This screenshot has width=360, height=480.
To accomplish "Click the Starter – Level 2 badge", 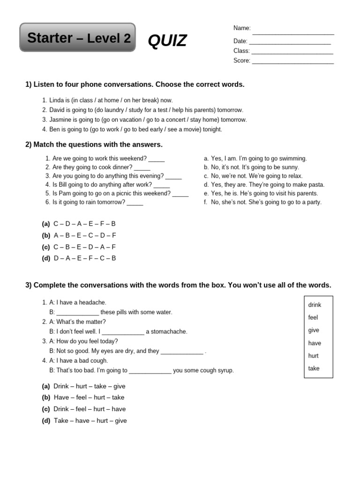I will tap(78, 37).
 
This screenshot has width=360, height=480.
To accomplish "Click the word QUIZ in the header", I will tap(167, 41).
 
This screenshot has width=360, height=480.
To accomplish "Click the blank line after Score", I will tap(292, 62).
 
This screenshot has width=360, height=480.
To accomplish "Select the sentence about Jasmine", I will tap(148, 120).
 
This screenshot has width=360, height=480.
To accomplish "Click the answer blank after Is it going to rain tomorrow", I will tap(135, 204).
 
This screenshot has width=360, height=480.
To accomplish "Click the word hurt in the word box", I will tap(313, 356).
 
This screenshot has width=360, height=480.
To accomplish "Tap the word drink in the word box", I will tap(315, 305).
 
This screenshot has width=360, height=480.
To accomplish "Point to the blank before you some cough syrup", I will tap(150, 372).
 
